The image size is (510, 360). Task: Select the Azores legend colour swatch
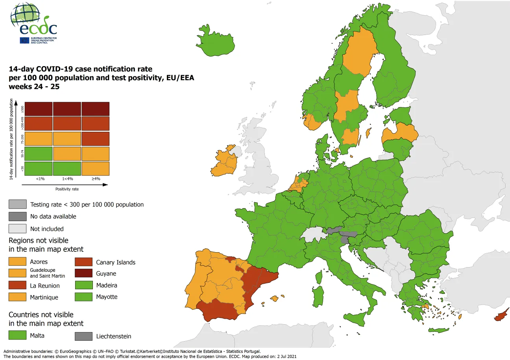pyautogui.click(x=18, y=262)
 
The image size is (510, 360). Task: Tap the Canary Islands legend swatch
pyautogui.click(x=84, y=262)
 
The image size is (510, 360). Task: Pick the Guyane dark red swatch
pyautogui.click(x=84, y=273)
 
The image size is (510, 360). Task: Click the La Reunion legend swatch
pyautogui.click(x=18, y=285)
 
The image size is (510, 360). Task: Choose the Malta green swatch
pyautogui.click(x=18, y=336)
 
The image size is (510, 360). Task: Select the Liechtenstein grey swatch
pyautogui.click(x=84, y=336)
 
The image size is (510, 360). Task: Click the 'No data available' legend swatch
pyautogui.click(x=18, y=216)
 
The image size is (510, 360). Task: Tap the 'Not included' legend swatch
pyautogui.click(x=18, y=229)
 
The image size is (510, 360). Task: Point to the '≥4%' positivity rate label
pyautogui.click(x=95, y=179)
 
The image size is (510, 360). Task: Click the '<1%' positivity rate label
pyautogui.click(x=40, y=179)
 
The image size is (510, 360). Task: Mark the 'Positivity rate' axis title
pyautogui.click(x=67, y=189)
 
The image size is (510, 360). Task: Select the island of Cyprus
pyautogui.click(x=501, y=316)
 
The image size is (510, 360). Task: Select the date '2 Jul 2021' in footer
pyautogui.click(x=284, y=356)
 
